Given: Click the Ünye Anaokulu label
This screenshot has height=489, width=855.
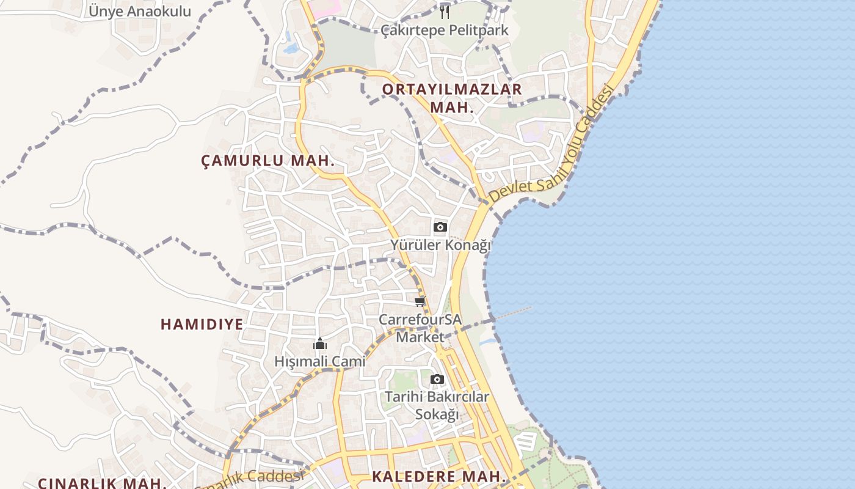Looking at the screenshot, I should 140,11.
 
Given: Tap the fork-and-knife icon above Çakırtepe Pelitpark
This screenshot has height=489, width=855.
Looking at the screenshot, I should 445,12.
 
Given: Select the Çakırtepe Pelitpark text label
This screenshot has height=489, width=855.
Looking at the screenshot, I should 444,30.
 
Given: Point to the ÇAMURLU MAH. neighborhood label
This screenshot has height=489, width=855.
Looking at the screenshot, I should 267,161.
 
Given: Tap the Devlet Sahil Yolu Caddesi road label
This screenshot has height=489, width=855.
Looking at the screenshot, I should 550,147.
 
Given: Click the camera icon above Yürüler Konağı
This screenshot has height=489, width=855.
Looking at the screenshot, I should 440,227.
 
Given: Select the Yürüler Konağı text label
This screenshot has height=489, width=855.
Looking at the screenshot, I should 440,245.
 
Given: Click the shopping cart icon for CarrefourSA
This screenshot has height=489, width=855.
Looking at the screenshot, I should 420,301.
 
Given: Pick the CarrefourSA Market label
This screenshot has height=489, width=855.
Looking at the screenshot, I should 420,328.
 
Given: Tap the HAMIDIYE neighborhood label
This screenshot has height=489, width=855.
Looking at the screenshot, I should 202,324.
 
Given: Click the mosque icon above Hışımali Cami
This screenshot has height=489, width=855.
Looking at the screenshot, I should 319,344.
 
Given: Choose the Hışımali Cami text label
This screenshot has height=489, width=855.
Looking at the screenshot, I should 319,361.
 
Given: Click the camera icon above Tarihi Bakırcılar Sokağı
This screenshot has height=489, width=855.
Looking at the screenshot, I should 437,379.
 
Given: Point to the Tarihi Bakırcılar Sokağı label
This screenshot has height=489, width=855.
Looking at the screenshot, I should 437,405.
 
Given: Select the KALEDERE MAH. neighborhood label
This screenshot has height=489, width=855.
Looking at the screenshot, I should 439,476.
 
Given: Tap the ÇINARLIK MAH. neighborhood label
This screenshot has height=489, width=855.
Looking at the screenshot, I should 102,483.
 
